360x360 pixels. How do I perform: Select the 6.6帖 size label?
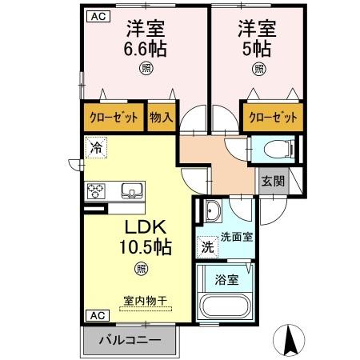click(x=145, y=49)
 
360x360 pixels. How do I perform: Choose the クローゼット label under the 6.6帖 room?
click(x=112, y=118)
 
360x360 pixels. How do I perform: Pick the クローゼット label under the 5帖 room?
click(x=273, y=118)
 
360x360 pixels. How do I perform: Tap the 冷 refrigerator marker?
click(x=96, y=147)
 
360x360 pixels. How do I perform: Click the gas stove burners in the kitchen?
click(x=98, y=190)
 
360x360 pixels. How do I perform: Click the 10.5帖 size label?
click(x=141, y=245)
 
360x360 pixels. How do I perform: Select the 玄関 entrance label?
click(x=272, y=181)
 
